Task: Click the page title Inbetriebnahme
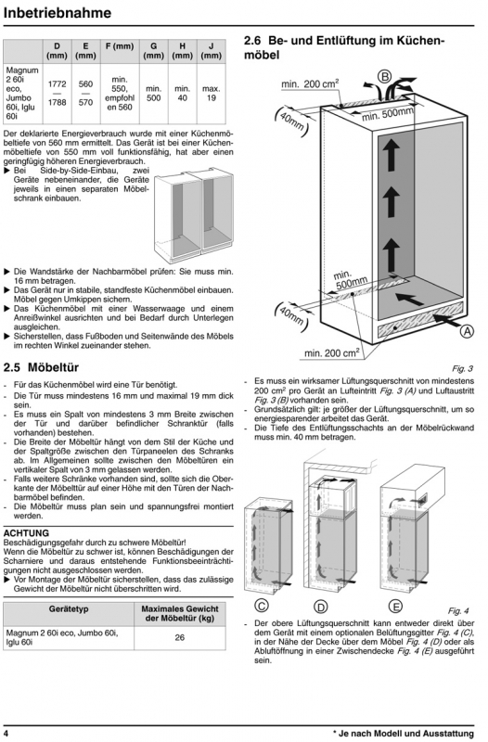click(58, 13)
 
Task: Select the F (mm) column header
click(120, 46)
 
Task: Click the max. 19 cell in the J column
click(212, 94)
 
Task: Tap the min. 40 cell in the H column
click(182, 94)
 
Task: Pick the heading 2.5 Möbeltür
click(41, 367)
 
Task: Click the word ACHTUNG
click(26, 533)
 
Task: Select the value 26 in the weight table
click(179, 637)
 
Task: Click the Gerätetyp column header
click(69, 609)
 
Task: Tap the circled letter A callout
click(467, 331)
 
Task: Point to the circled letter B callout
click(384, 77)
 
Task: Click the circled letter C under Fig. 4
click(262, 606)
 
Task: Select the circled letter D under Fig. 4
click(321, 607)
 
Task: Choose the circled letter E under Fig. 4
click(394, 607)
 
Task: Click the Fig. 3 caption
click(462, 368)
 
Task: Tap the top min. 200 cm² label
click(310, 84)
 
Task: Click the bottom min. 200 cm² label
click(331, 352)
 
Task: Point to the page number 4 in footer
click(6, 733)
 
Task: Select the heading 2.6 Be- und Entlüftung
click(344, 48)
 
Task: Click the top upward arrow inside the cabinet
click(391, 156)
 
